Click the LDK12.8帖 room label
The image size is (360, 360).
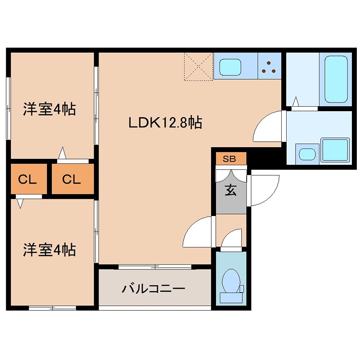point(165,122)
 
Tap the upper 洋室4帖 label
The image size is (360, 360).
point(49,109)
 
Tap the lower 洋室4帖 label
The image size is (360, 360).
point(49,250)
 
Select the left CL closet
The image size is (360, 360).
point(27,180)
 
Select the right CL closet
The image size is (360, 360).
point(72,180)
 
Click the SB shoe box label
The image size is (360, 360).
point(229,159)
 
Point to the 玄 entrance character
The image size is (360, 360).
point(230,191)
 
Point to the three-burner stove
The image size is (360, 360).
point(270,67)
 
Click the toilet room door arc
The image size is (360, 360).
point(233,238)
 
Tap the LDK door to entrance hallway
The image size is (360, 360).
point(198,232)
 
